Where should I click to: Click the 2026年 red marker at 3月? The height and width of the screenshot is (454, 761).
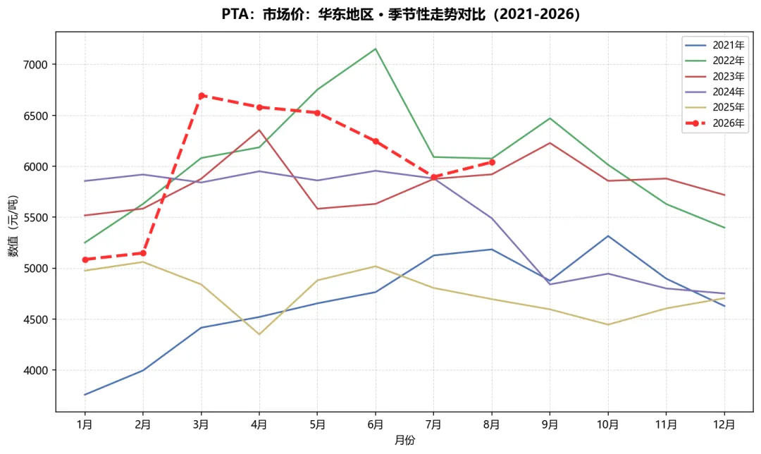coord(201,96)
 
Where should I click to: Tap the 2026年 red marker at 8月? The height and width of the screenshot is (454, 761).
coord(492,162)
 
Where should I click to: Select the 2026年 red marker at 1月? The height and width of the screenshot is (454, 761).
coord(85,259)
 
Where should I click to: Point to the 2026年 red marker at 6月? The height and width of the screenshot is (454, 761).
coord(376,141)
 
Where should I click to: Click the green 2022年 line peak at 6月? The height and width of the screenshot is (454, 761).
coord(376,49)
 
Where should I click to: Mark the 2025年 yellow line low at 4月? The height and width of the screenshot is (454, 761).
coord(259,334)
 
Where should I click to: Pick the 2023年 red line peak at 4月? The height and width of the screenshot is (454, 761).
coord(259,130)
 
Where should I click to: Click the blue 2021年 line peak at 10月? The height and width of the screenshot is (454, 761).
coord(608,236)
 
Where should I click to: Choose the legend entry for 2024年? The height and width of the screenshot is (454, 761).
coord(714,92)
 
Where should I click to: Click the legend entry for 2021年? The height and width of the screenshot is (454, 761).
coord(714,45)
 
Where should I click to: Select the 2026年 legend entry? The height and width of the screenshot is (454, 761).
coord(714,123)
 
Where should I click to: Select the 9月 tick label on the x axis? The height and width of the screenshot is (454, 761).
coord(550,425)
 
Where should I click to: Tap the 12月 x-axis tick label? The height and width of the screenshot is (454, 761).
coord(724,425)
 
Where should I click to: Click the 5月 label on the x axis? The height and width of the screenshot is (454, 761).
coord(317,425)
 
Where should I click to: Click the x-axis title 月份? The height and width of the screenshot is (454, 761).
coord(404,441)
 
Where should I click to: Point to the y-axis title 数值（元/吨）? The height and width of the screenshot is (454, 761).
coord(13,226)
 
